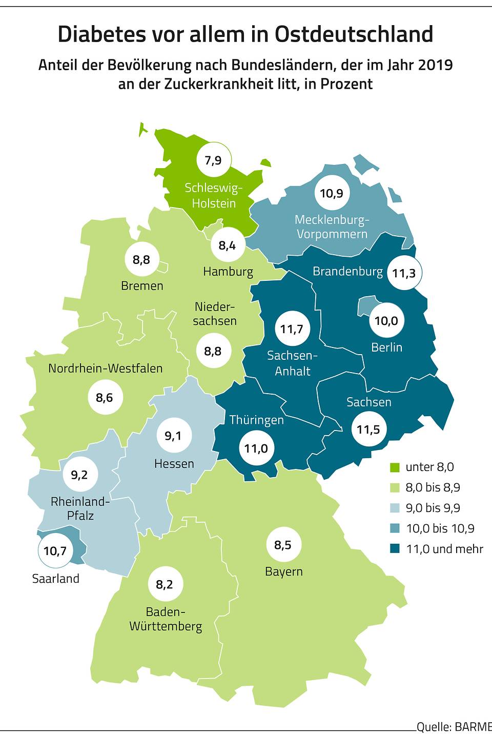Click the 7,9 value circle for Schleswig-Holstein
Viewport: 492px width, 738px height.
[213, 160]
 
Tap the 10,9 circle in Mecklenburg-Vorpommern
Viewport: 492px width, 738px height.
[332, 193]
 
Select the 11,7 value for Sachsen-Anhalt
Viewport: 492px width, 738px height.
[292, 329]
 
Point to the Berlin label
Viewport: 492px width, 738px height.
[386, 347]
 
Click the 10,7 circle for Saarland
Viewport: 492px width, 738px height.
[55, 551]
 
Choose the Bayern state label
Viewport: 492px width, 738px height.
[283, 571]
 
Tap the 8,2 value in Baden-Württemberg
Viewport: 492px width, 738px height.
[165, 584]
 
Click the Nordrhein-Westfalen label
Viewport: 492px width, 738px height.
[105, 368]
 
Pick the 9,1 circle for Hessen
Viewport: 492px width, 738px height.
[173, 436]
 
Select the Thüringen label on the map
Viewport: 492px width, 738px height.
[256, 420]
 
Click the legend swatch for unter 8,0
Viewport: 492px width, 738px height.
[395, 467]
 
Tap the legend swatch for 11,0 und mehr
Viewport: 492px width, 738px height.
[395, 549]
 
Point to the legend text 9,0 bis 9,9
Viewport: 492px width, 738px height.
[433, 508]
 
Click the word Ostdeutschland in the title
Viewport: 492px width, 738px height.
[354, 34]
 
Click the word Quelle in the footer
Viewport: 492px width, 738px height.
[433, 727]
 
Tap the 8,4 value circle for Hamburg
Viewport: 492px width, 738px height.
[227, 245]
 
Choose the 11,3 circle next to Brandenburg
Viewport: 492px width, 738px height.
[404, 273]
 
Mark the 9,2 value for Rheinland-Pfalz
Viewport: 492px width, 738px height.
[79, 475]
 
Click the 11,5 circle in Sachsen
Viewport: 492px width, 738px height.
[368, 429]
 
